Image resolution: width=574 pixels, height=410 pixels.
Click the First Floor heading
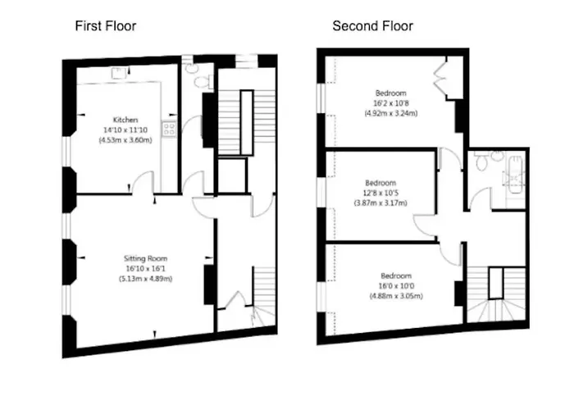click(106, 25)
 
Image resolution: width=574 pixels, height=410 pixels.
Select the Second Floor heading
click(372, 25)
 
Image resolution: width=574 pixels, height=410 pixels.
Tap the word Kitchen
click(126, 120)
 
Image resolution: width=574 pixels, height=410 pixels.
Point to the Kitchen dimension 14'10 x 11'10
click(126, 130)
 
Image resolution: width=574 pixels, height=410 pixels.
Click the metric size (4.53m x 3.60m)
click(126, 139)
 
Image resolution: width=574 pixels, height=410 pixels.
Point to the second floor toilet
click(482, 164)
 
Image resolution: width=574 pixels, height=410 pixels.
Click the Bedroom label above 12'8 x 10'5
click(380, 182)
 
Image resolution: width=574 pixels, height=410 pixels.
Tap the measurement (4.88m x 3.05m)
click(396, 295)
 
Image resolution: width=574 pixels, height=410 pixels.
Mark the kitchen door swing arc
click(144, 182)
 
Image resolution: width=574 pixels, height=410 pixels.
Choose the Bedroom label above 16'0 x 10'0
click(396, 276)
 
